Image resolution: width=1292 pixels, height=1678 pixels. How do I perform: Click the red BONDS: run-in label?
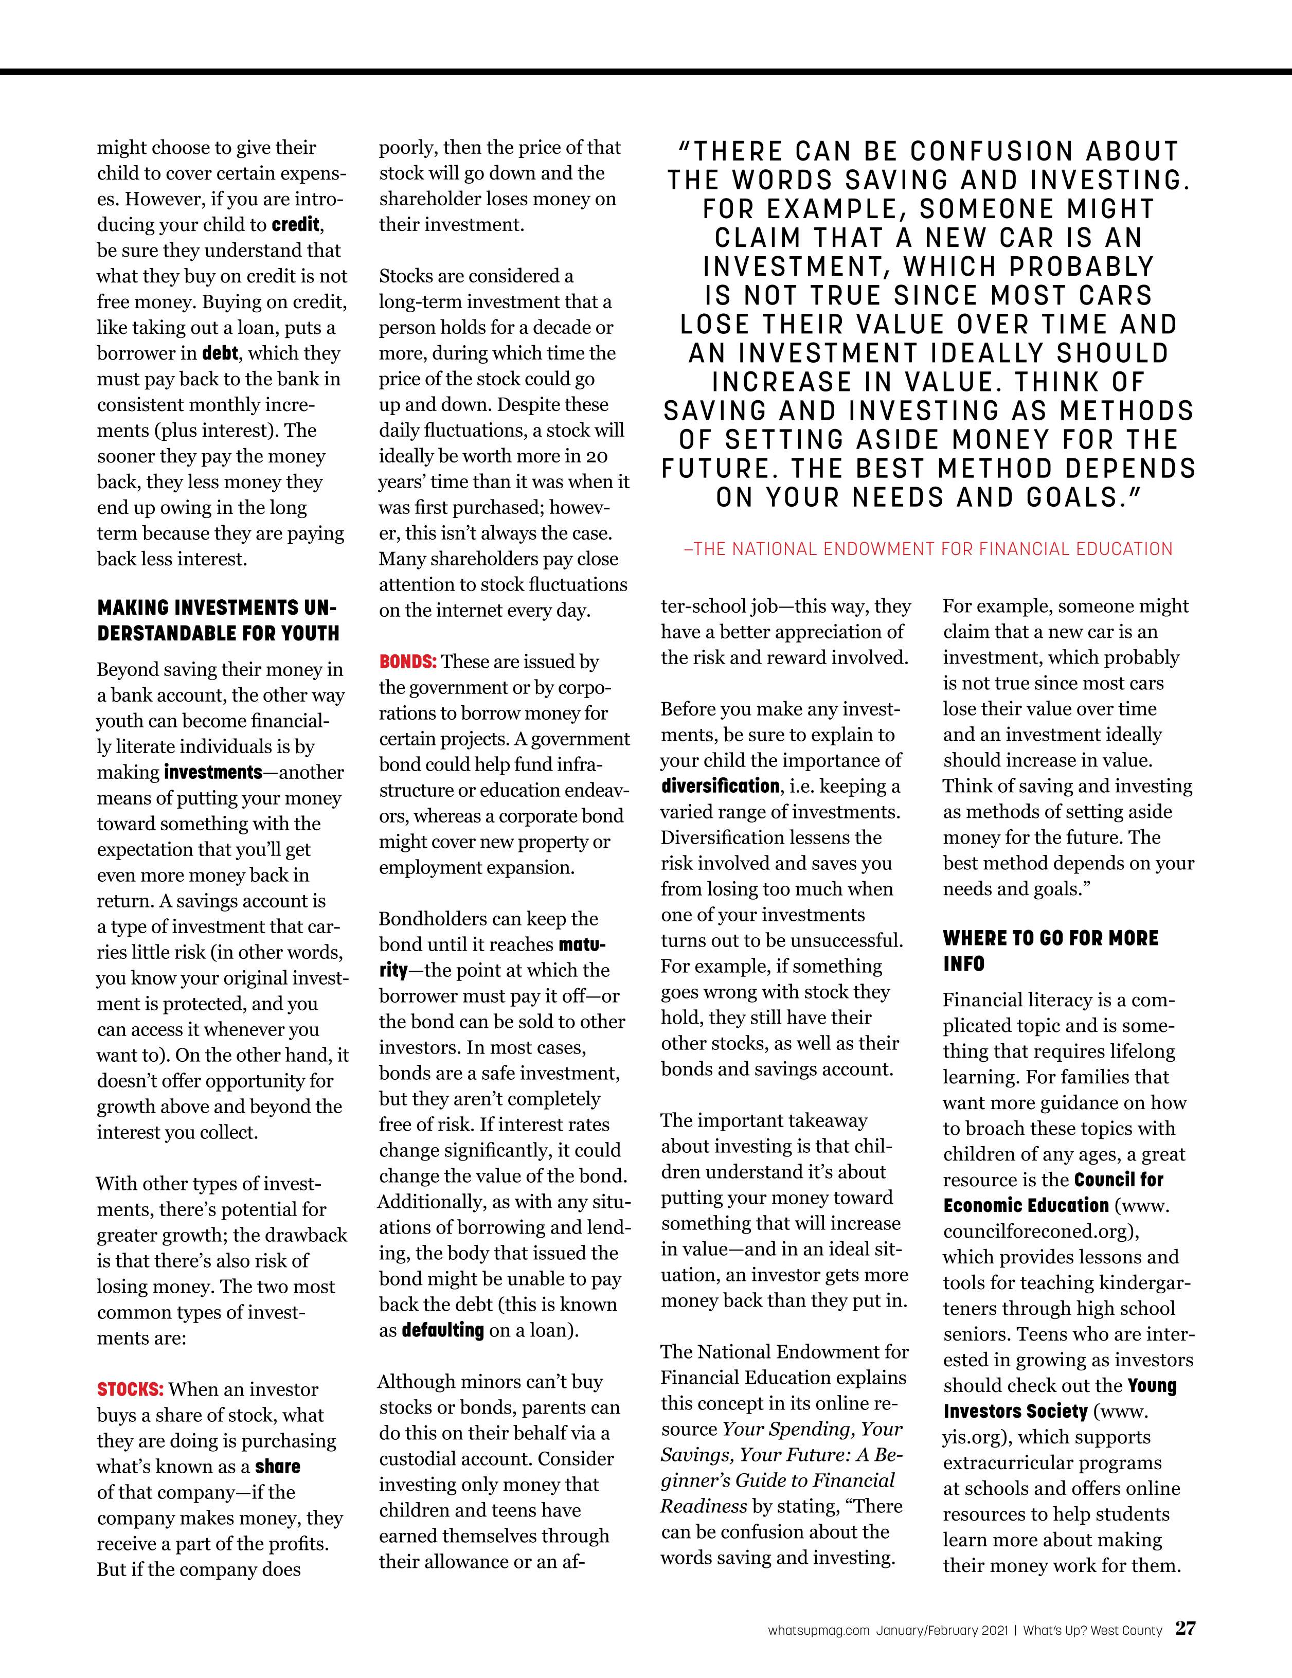[408, 662]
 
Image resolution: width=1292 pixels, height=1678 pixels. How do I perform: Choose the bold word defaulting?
[442, 1330]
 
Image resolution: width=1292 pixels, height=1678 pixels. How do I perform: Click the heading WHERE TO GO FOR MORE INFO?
[1050, 951]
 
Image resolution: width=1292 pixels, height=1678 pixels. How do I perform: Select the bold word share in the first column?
[277, 1467]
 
